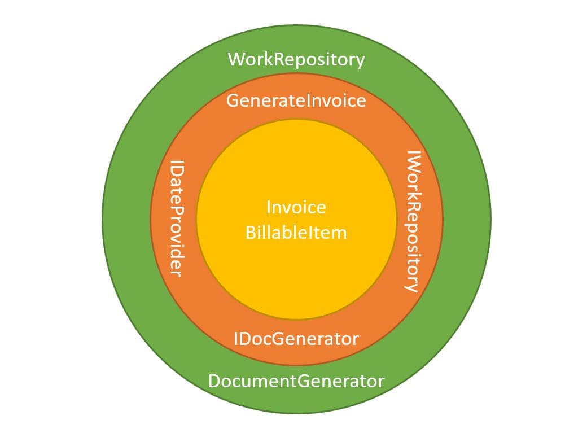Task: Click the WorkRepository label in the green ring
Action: click(x=296, y=59)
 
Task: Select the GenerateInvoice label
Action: click(x=296, y=101)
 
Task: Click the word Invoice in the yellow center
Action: click(x=296, y=207)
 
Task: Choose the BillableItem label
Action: click(x=296, y=232)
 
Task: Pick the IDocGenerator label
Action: click(x=296, y=339)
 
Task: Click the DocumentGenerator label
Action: click(x=296, y=381)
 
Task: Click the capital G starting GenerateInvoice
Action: click(x=233, y=101)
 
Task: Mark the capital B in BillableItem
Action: click(x=251, y=232)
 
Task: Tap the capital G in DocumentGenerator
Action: click(x=303, y=381)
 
